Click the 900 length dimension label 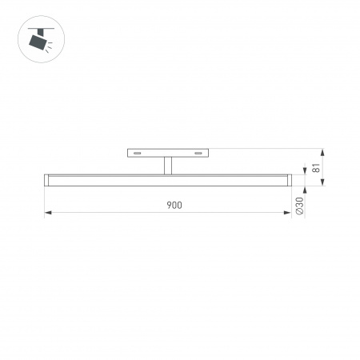click(x=174, y=205)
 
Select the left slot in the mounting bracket click(x=138, y=152)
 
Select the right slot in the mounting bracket click(x=197, y=152)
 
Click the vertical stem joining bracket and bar click(x=167, y=165)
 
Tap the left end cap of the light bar click(x=46, y=181)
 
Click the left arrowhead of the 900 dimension click(x=48, y=213)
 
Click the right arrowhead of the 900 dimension click(x=286, y=213)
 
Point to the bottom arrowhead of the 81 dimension click(x=323, y=184)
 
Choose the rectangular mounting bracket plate click(x=167, y=152)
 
